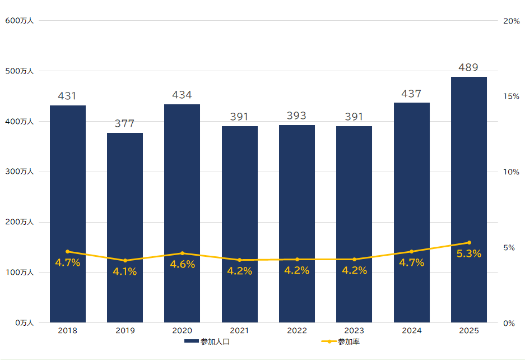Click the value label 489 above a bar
tap(468, 68)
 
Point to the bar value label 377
tap(124, 124)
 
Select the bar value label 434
tap(182, 95)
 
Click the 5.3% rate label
tap(469, 254)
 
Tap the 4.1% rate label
tap(124, 272)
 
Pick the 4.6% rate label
tap(182, 265)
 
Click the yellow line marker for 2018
tap(68, 251)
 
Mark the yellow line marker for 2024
tap(411, 251)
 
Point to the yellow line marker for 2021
tap(240, 260)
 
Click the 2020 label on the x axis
tap(182, 331)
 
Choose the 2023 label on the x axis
tap(354, 331)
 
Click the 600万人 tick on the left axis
tap(20, 21)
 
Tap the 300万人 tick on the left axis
tap(20, 172)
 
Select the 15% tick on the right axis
tap(511, 96)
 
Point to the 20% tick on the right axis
tap(512, 21)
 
